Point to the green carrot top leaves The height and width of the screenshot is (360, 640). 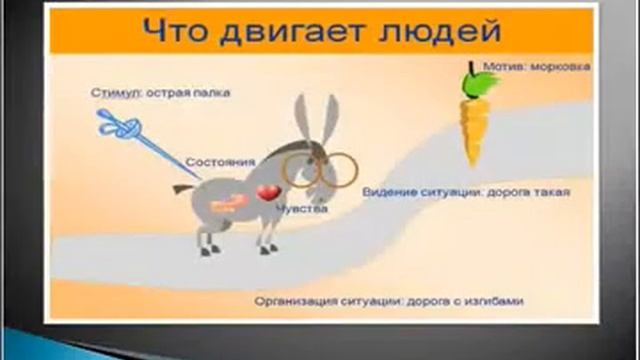[471, 79]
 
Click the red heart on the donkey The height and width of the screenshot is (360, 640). [267, 192]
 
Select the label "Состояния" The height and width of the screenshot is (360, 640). [220, 161]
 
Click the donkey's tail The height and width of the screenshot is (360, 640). [182, 187]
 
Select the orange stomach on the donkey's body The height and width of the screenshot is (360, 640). [228, 202]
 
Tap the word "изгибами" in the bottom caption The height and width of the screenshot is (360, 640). [496, 300]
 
